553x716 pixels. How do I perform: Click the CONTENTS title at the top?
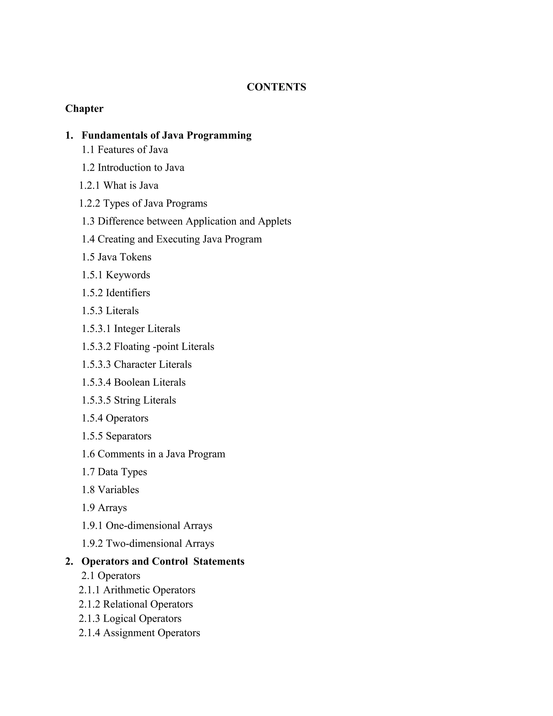tap(276, 87)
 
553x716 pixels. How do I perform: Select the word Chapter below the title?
tap(84, 109)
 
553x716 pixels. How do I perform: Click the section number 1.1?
tap(88, 150)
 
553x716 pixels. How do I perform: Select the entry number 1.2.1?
tap(89, 186)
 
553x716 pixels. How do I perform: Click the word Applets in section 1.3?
tap(274, 221)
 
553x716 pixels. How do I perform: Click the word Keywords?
tap(128, 275)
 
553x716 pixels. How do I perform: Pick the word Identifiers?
tap(128, 293)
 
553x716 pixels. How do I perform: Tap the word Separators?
tap(129, 436)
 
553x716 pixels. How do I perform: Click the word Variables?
tap(118, 490)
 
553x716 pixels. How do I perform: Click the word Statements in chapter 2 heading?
tap(218, 562)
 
